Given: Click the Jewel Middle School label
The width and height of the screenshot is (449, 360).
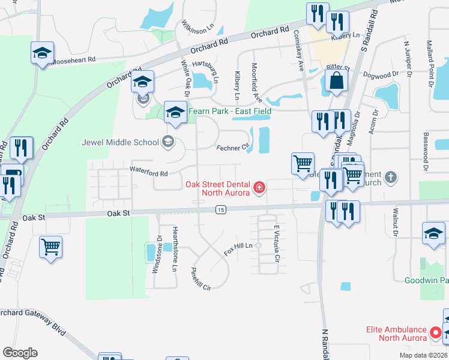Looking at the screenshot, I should click(x=120, y=142).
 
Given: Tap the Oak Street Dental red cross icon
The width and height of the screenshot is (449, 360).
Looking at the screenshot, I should click(x=259, y=188).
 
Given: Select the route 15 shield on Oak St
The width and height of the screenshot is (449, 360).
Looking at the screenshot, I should click(x=221, y=209).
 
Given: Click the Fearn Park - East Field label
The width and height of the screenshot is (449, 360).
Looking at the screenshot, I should click(x=230, y=111).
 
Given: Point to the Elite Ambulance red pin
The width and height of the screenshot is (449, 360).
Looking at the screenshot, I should click(x=436, y=332).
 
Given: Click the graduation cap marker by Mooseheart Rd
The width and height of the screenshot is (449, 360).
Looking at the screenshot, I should click(x=43, y=53).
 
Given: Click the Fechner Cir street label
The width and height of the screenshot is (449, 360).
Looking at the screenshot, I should click(x=232, y=147).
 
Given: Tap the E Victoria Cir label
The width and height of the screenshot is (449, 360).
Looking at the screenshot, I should click(x=277, y=244).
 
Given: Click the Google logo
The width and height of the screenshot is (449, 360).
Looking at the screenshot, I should click(x=20, y=353).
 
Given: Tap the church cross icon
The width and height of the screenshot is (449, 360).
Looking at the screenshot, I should click(x=391, y=177).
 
